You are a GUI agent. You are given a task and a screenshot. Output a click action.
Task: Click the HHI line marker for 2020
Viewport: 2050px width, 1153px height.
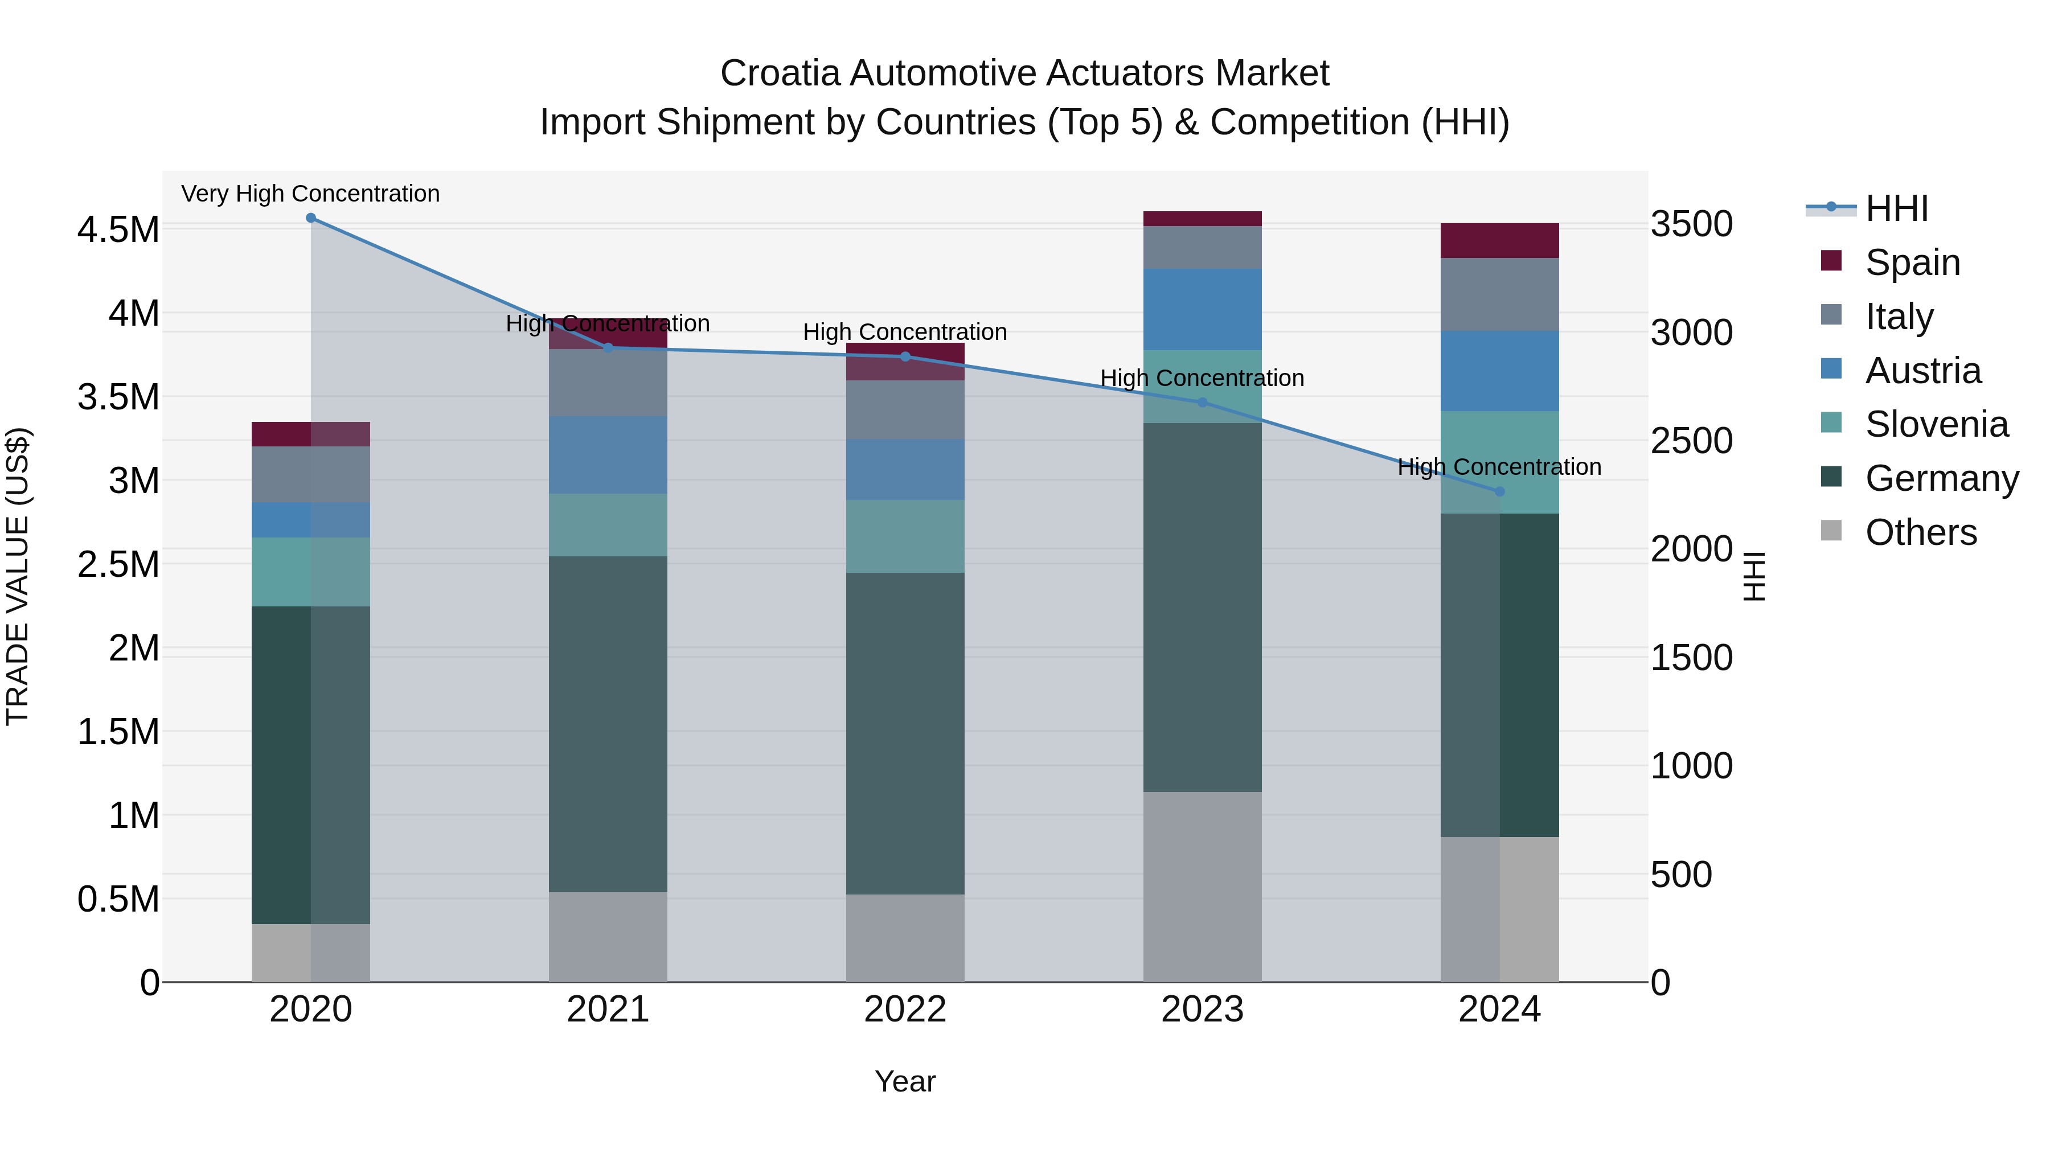pos(311,218)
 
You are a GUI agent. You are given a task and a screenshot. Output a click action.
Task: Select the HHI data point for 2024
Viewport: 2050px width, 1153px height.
pos(1500,492)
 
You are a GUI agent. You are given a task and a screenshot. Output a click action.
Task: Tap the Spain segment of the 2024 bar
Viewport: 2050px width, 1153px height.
pos(1500,240)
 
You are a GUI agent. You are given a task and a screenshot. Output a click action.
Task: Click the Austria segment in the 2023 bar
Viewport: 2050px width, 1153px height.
pos(1203,310)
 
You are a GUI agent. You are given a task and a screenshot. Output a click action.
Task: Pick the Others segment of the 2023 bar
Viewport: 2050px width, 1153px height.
pos(1203,887)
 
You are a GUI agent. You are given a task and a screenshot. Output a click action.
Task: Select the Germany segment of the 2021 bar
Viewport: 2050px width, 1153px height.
pos(608,724)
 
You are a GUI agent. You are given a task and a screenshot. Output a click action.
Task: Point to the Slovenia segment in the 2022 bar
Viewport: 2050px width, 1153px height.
pos(905,536)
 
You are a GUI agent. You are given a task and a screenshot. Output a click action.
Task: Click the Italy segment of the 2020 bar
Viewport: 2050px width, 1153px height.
pos(311,474)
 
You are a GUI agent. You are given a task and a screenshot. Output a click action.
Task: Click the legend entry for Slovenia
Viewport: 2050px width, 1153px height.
pos(1936,424)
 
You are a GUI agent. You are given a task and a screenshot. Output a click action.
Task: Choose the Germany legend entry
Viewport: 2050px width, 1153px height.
pos(1941,478)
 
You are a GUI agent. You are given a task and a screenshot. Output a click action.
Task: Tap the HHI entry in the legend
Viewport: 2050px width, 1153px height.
pos(1896,208)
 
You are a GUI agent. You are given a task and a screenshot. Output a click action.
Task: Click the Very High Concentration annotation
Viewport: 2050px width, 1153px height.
pos(310,194)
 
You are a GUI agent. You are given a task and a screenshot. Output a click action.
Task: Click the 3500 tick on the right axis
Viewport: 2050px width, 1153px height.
pos(1691,224)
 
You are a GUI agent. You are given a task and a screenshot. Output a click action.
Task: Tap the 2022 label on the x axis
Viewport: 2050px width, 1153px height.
pos(905,1009)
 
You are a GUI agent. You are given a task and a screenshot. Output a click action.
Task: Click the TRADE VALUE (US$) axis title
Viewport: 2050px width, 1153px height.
pos(18,576)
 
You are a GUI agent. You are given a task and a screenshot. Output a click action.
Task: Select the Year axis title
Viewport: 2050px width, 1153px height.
pos(905,1081)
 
